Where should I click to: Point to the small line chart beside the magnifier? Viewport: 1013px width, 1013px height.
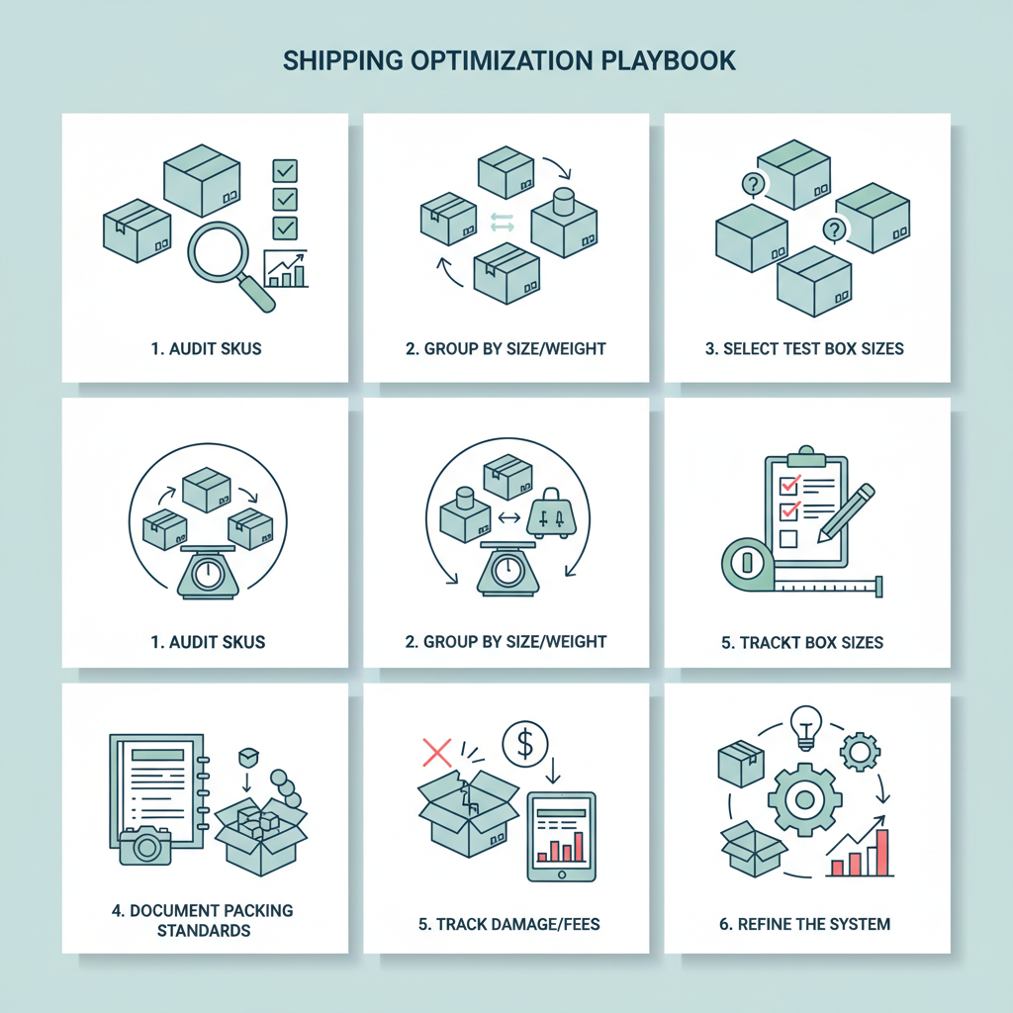pyautogui.click(x=285, y=268)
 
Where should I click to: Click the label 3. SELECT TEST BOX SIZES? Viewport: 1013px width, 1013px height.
pyautogui.click(x=806, y=348)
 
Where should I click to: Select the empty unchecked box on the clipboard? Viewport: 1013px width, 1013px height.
pyautogui.click(x=789, y=538)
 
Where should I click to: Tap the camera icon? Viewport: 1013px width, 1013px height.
pyautogui.click(x=145, y=847)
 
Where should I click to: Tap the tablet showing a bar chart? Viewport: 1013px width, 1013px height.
pyautogui.click(x=561, y=837)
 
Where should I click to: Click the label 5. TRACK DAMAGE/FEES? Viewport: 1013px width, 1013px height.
pyautogui.click(x=506, y=924)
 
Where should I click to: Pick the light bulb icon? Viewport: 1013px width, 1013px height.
pyautogui.click(x=807, y=725)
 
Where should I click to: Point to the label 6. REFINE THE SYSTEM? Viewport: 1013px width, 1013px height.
pyautogui.click(x=806, y=924)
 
